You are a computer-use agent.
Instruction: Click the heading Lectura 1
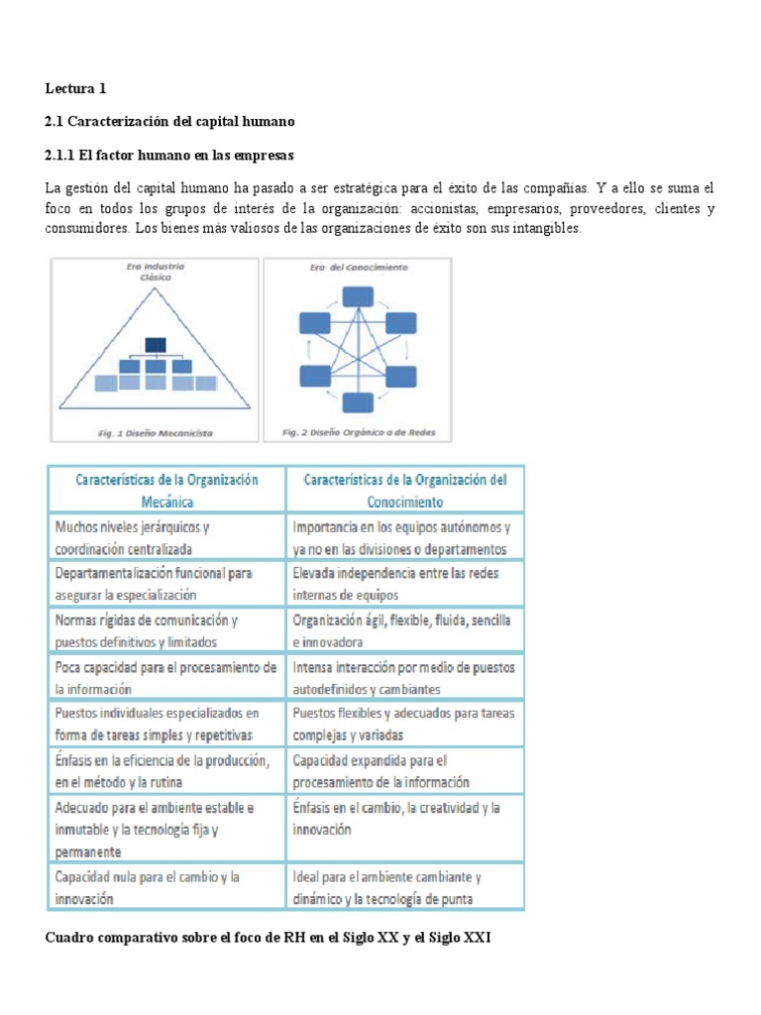(x=75, y=89)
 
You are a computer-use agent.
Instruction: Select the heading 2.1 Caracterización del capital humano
(x=170, y=121)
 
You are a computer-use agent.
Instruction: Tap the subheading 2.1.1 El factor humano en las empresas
(x=169, y=156)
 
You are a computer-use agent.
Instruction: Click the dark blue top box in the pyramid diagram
(x=155, y=345)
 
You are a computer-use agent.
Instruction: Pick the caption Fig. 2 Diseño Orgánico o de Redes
(x=353, y=433)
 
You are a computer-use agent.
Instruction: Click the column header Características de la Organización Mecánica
(x=166, y=490)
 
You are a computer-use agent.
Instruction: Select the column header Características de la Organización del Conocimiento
(x=405, y=490)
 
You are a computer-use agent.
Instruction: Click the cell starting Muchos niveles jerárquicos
(x=166, y=537)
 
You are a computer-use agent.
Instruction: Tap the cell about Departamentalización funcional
(x=166, y=584)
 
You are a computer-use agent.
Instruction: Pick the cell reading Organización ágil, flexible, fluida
(x=405, y=630)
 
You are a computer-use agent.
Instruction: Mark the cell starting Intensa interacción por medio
(x=405, y=677)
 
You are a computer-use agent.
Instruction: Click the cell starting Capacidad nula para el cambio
(x=166, y=888)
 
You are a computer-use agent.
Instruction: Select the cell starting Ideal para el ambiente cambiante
(x=405, y=888)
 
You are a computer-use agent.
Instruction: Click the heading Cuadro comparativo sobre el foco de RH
(x=268, y=936)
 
